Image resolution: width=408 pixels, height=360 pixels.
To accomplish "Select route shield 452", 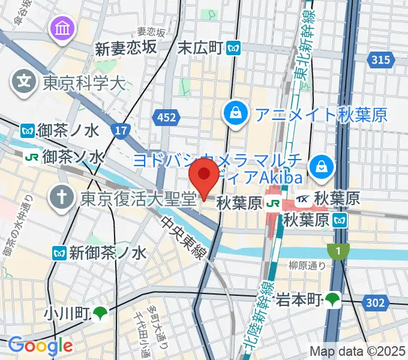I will click(164, 117).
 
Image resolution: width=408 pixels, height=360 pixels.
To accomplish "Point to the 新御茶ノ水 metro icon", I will click(59, 253).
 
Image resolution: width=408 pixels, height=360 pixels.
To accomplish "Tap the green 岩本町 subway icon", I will click(332, 298).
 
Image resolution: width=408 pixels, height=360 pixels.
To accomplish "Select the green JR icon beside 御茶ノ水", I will click(32, 157).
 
